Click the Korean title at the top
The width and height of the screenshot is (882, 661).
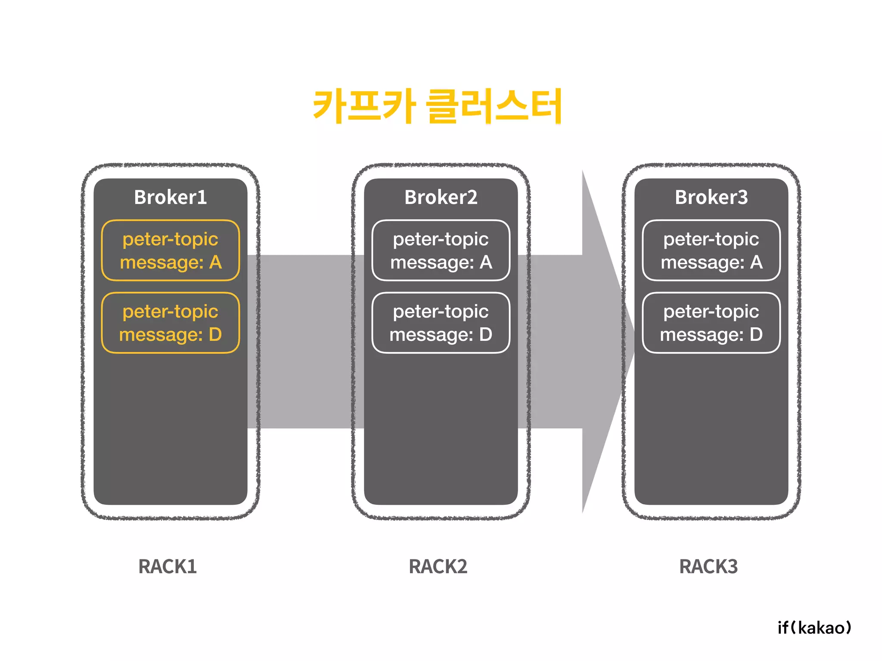[437, 105]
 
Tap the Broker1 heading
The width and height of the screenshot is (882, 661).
[171, 198]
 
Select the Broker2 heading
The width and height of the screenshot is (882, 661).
[441, 198]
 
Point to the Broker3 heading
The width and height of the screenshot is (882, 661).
[711, 198]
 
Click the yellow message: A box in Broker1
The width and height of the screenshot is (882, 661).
[171, 250]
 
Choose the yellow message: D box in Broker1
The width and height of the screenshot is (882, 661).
[171, 323]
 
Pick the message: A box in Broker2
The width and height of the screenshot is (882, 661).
[441, 250]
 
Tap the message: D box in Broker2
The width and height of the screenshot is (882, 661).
[441, 323]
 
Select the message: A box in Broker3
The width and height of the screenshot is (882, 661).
[711, 250]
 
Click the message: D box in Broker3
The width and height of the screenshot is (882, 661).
[711, 323]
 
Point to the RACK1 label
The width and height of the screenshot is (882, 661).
[168, 566]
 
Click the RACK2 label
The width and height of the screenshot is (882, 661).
[438, 566]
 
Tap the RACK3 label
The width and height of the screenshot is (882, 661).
[708, 566]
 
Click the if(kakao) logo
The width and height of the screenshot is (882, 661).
[814, 627]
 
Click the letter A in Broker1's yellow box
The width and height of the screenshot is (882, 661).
[215, 262]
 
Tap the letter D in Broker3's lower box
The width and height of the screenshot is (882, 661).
[756, 334]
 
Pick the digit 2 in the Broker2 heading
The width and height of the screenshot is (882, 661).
[472, 198]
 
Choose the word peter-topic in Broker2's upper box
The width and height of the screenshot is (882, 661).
[441, 239]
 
